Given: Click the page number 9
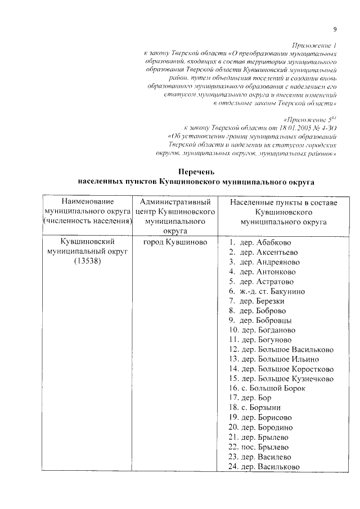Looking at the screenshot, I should click(334, 29).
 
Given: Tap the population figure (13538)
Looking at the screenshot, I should click(87, 263).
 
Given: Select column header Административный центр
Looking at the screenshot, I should click(175, 201).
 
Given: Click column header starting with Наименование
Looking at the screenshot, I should click(87, 201).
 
